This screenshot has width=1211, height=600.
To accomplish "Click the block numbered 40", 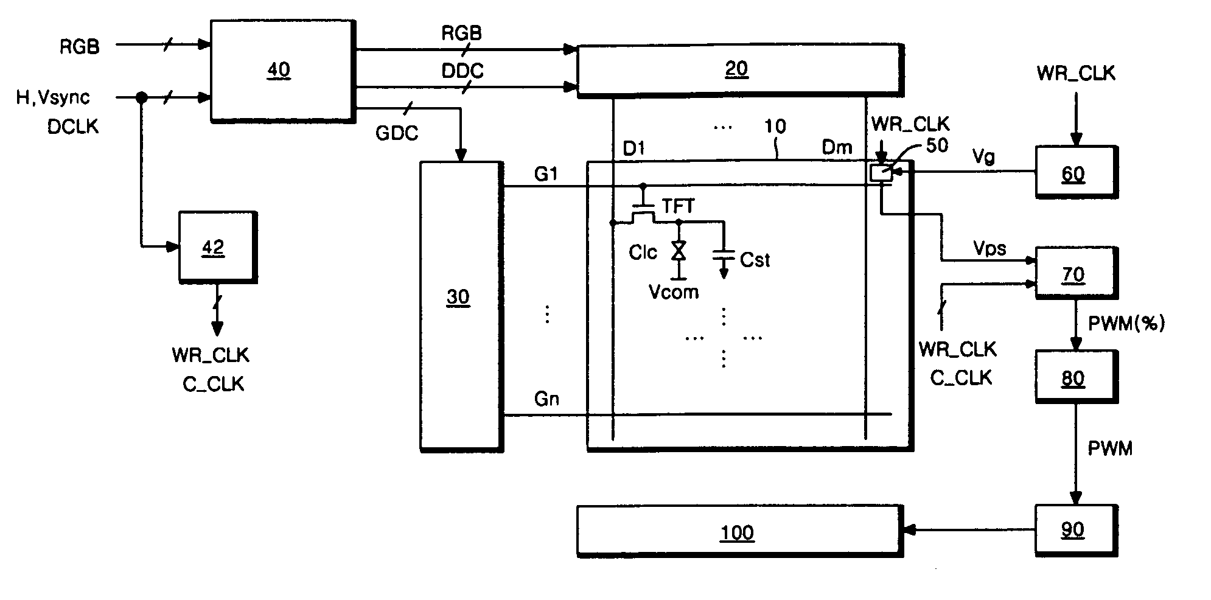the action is point(282,72).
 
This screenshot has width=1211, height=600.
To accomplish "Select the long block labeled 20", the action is point(739,70).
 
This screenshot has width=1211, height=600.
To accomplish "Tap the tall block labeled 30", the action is point(461,306).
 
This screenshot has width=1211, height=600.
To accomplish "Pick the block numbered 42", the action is point(217,246).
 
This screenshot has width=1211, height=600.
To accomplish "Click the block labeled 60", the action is point(1077,172).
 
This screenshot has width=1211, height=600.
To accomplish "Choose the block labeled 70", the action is point(1077,273).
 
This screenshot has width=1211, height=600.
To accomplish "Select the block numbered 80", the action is point(1077,377).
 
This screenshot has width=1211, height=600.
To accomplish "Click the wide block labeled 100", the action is point(739,531).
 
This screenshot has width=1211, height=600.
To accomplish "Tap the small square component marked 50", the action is point(881,173).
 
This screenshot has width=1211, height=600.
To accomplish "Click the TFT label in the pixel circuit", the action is point(679,206).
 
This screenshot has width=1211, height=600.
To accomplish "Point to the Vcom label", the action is point(674,292).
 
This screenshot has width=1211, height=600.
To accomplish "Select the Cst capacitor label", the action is point(755,260).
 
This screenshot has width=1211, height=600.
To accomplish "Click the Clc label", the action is point(643,252).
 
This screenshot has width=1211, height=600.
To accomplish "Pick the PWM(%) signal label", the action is point(1126,323).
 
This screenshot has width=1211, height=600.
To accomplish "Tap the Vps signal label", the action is point(989,249).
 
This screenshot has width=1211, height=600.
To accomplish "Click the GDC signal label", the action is point(397,133).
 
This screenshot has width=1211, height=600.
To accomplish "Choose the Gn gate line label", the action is point(546,399).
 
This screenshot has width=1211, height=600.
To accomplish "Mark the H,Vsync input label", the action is point(53,97).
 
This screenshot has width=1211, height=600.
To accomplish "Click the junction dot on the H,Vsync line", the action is point(141,97).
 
